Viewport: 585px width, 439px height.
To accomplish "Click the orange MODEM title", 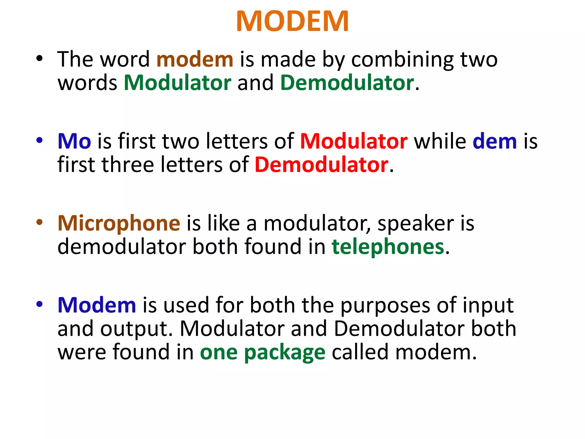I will tap(292, 21).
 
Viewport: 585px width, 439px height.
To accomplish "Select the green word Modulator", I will tap(177, 83).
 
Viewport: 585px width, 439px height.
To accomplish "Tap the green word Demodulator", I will tap(347, 83).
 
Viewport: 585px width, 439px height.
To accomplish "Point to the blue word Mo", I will tap(74, 141).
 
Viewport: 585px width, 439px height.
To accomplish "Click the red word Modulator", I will tap(354, 141).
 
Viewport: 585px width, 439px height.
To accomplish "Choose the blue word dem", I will tap(494, 141).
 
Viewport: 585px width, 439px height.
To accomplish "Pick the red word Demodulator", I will tap(321, 165).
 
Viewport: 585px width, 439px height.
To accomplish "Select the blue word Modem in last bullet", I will tap(97, 305).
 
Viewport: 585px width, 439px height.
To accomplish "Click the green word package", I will tap(285, 353).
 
